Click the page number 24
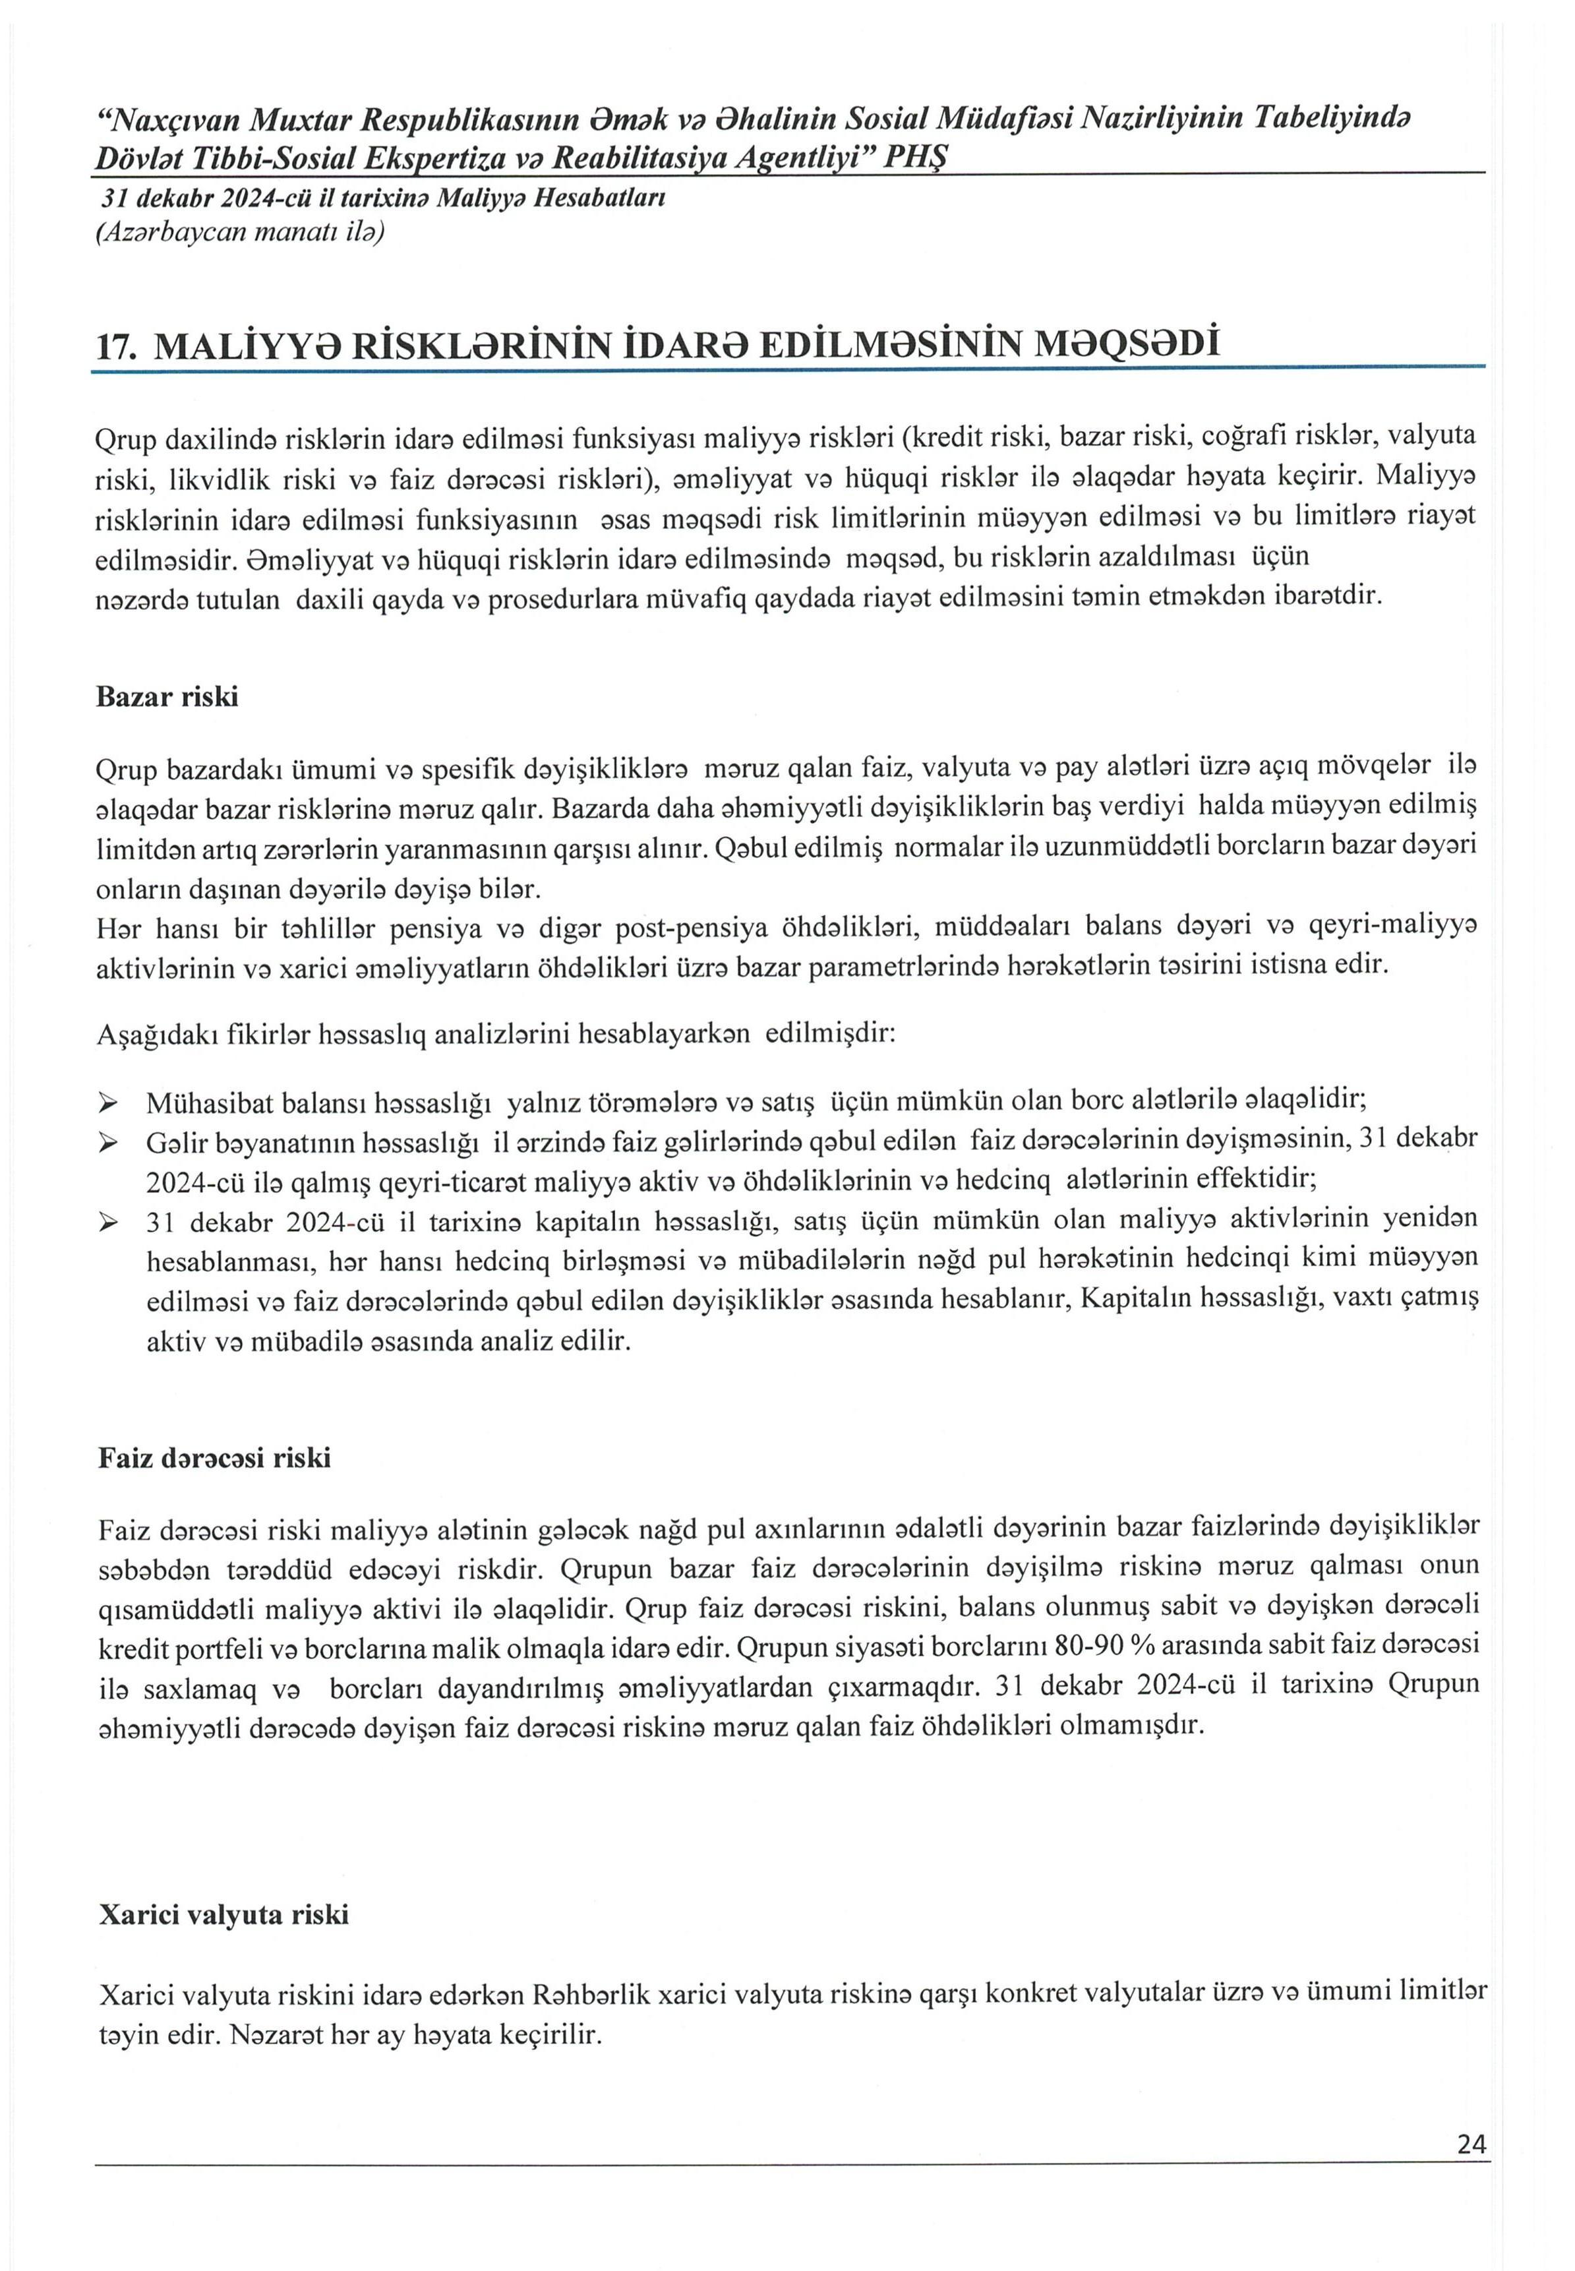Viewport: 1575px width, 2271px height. (x=1470, y=2171)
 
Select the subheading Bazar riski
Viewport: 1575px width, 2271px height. (x=167, y=697)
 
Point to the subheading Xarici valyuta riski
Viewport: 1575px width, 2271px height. (x=224, y=1915)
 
